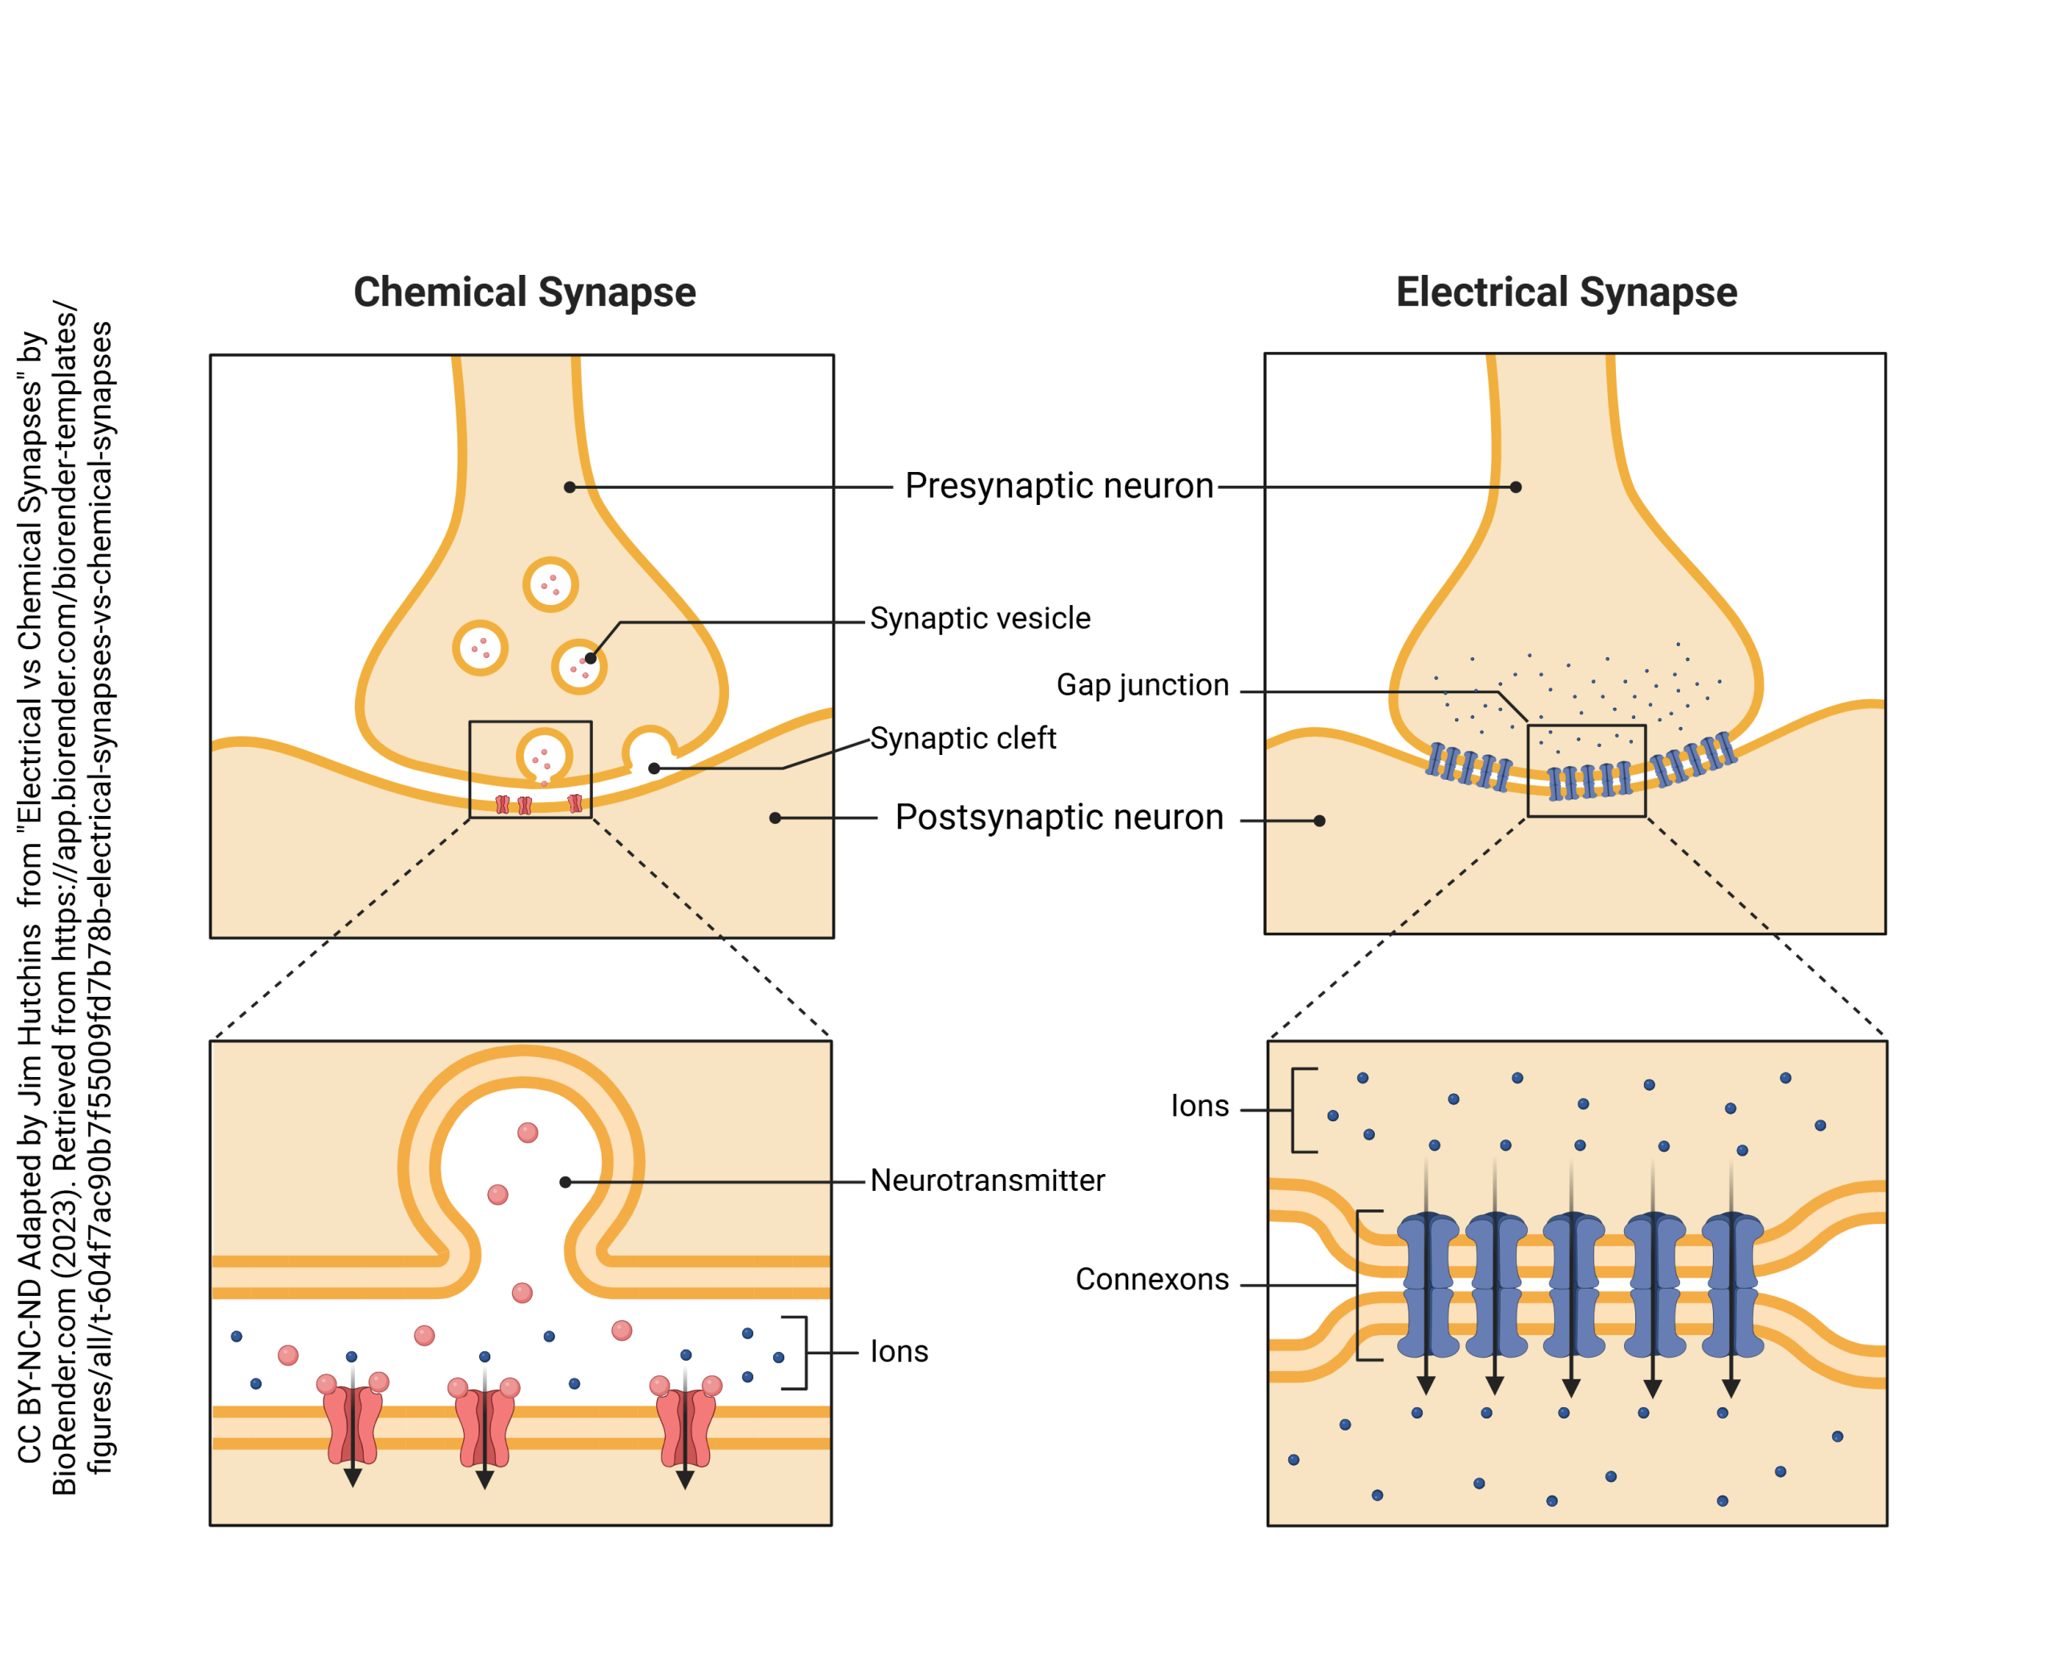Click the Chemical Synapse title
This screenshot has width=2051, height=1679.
[524, 292]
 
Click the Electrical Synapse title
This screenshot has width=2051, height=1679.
[1565, 292]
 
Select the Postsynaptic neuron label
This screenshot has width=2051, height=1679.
[1059, 817]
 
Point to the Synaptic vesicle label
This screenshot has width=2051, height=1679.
[980, 618]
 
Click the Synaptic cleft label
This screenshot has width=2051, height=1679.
[962, 738]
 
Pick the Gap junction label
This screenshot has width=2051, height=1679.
[1142, 684]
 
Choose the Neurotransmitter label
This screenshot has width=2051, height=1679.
[986, 1180]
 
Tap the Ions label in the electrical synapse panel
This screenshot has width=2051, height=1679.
[1199, 1105]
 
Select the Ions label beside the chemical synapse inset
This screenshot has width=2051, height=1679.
[898, 1351]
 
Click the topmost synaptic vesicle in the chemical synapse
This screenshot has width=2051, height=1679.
[550, 584]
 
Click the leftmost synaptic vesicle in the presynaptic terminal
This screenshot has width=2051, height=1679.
[480, 647]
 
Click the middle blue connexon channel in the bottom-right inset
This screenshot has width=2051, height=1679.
[1573, 1285]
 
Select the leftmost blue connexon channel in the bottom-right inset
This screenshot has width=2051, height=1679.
[1427, 1285]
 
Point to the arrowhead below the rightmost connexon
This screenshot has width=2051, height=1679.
[1731, 1388]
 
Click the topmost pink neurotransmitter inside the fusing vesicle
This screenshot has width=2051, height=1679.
[527, 1132]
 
